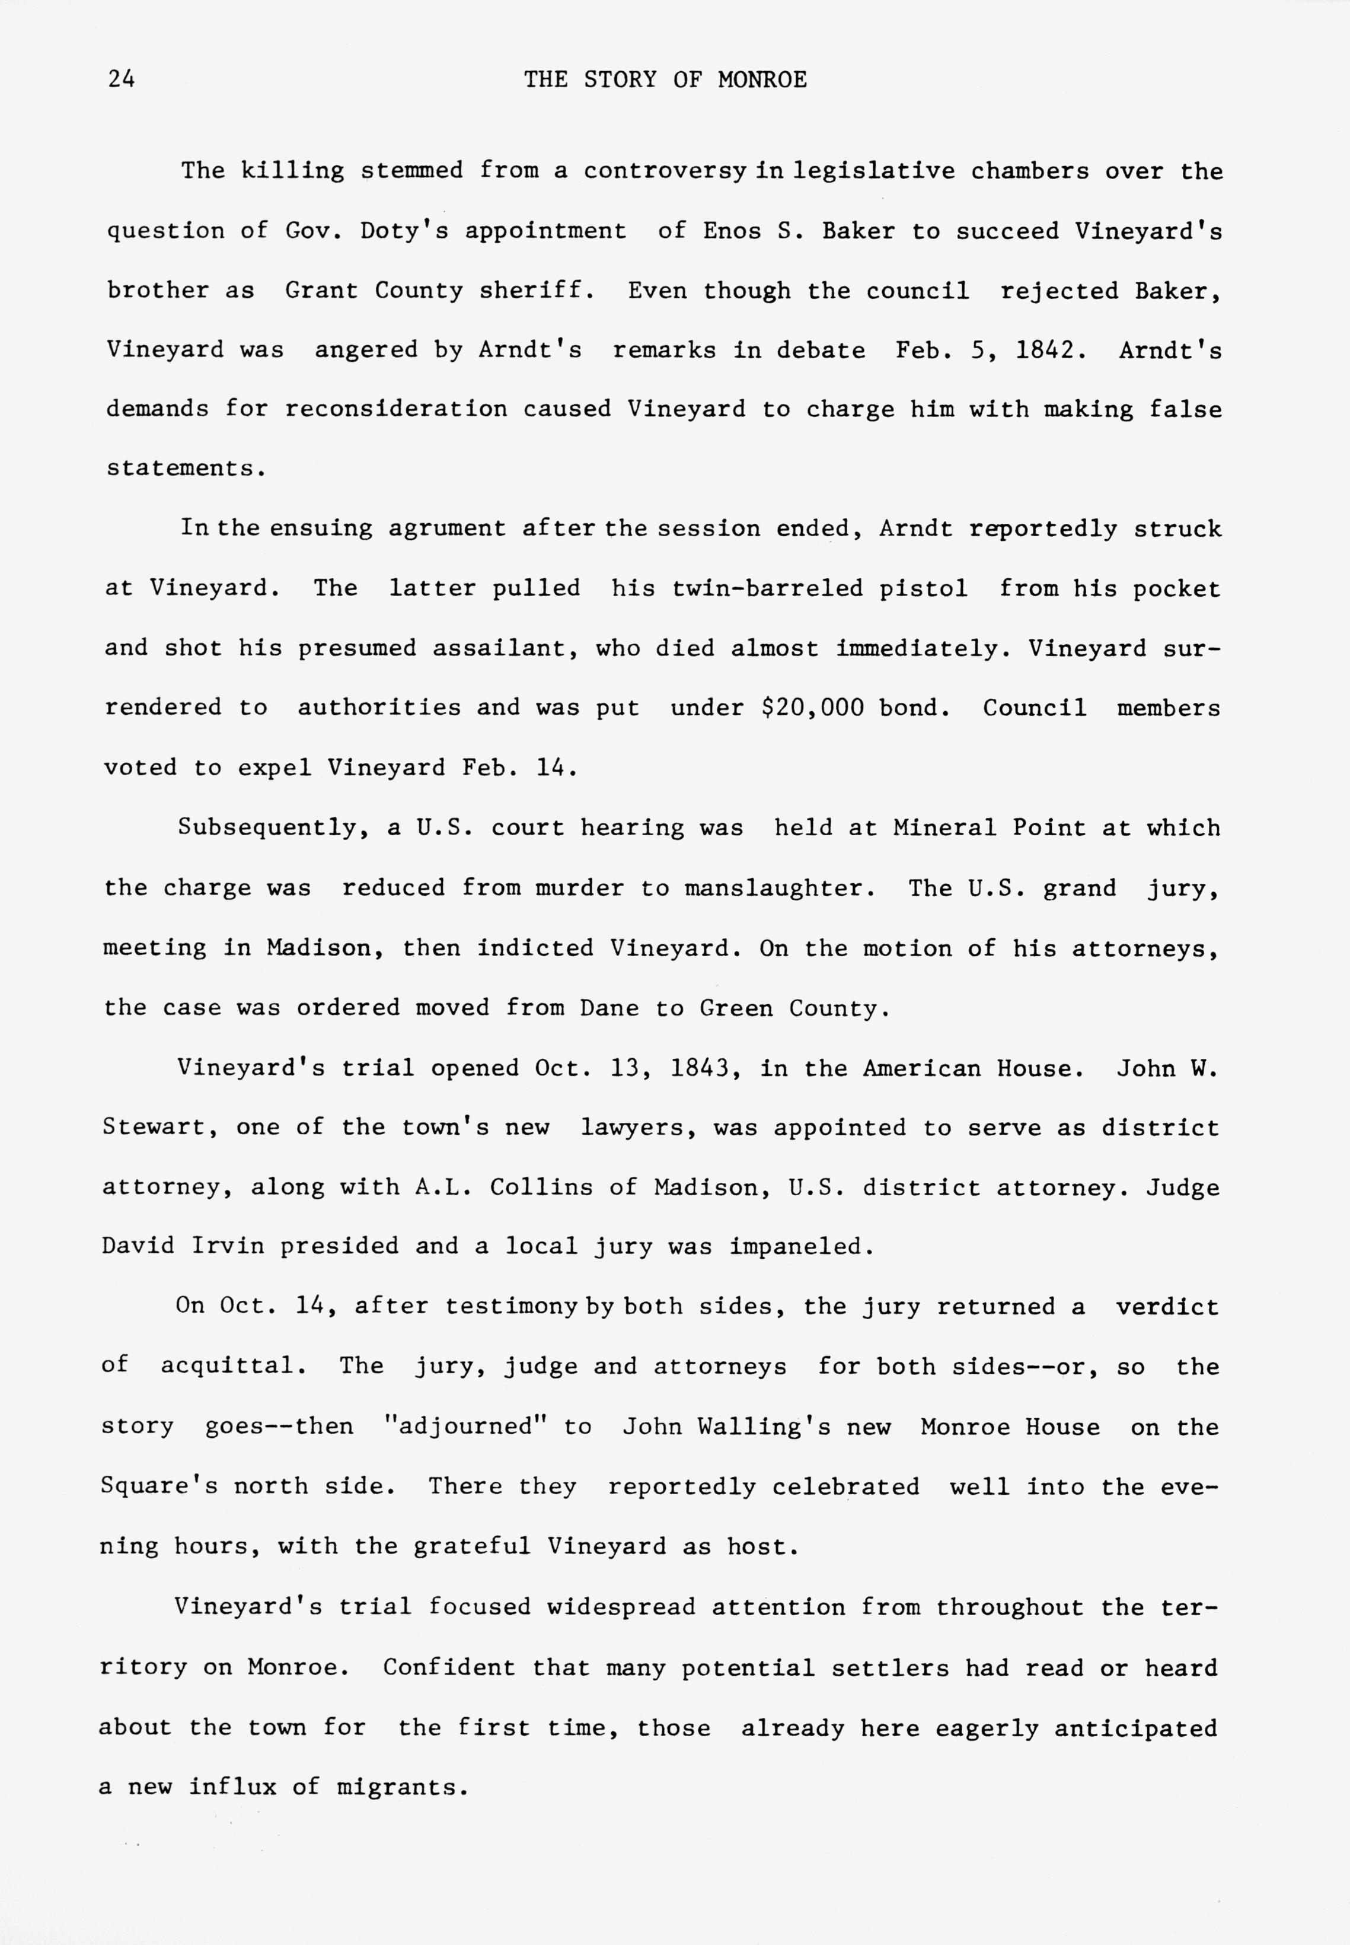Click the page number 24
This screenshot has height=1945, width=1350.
click(121, 79)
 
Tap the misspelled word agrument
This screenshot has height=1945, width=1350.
click(446, 529)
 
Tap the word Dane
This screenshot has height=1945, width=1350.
click(609, 1008)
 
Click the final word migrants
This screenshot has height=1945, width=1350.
click(402, 1787)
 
